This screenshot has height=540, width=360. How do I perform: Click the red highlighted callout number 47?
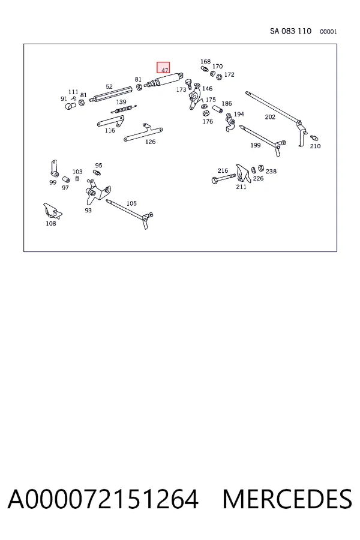(x=163, y=68)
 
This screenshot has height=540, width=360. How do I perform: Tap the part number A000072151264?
(x=103, y=499)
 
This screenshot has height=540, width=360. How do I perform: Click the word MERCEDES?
(x=287, y=499)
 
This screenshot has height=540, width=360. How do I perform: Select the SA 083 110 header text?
(x=290, y=31)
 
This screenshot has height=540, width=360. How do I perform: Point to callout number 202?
(x=270, y=117)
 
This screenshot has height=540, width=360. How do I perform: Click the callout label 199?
(x=255, y=145)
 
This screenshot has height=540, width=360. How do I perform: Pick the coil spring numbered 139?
(x=124, y=109)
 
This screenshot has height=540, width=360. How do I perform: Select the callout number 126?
(x=150, y=142)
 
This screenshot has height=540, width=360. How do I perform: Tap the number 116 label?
(x=110, y=131)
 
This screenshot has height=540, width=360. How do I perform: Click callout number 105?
(x=131, y=203)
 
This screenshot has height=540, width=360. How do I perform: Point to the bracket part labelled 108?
(x=52, y=211)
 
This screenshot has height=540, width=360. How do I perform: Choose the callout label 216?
(x=223, y=170)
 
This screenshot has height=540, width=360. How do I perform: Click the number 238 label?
(x=271, y=171)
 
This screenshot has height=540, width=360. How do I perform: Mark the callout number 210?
(x=315, y=146)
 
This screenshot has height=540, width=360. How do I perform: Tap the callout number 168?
(x=205, y=62)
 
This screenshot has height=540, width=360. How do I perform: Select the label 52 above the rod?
(x=109, y=86)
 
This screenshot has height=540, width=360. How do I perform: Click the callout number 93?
(x=88, y=210)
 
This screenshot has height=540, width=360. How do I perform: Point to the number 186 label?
(x=227, y=104)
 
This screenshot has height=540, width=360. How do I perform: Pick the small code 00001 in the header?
(x=328, y=32)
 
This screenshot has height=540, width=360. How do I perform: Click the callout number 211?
(x=241, y=187)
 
